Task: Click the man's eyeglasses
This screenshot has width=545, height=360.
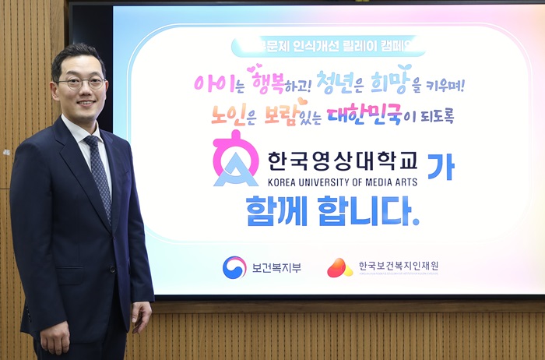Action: (x=81, y=82)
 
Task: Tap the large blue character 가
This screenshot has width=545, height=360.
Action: (x=440, y=166)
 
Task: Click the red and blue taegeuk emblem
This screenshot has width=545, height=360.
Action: (x=234, y=267)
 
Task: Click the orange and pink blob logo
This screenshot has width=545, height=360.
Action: (x=339, y=267)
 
